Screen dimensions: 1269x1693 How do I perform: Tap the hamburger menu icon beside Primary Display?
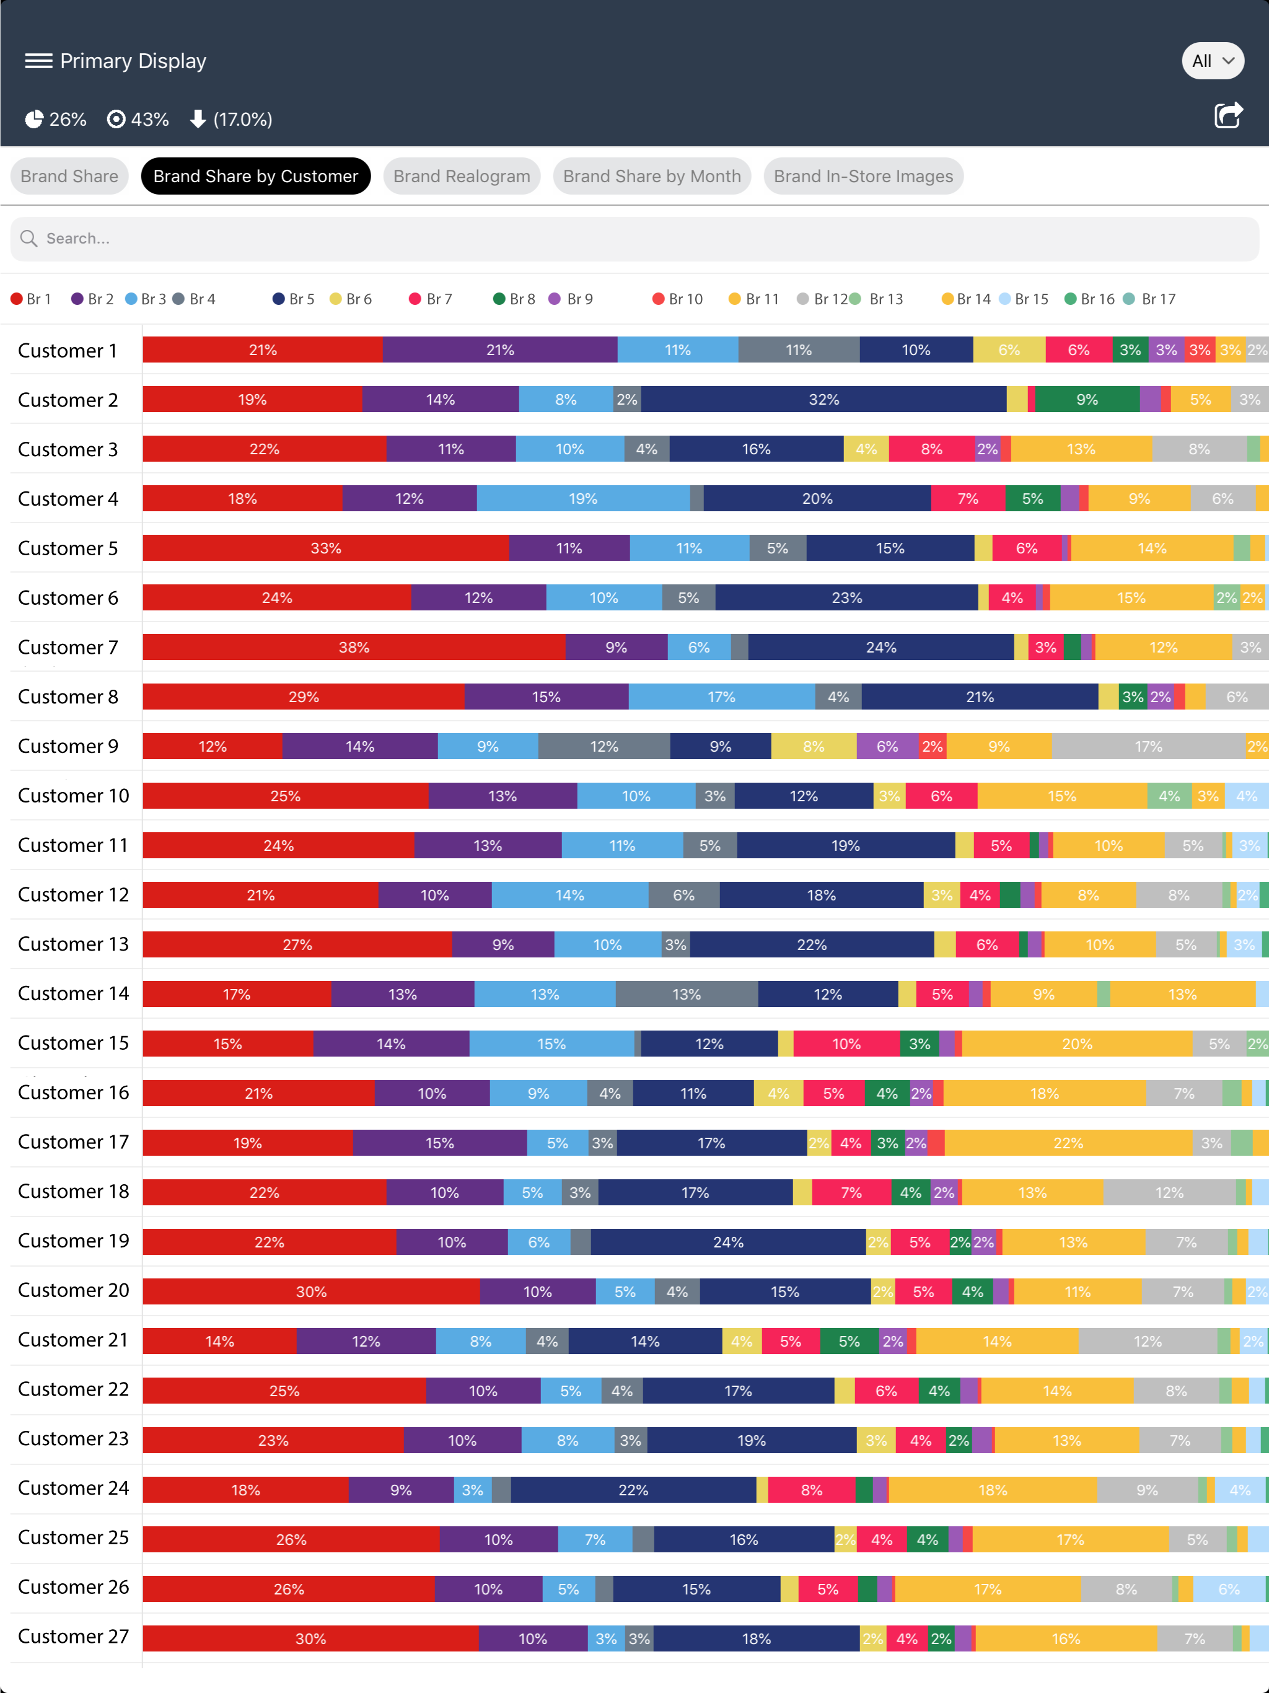tap(38, 61)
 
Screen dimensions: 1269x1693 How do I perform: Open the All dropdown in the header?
tap(1213, 61)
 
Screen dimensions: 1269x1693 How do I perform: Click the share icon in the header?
tap(1229, 115)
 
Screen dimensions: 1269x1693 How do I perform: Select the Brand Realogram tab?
tap(462, 176)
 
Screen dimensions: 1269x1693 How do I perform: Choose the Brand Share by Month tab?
tap(652, 176)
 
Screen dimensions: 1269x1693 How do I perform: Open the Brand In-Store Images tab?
tap(863, 176)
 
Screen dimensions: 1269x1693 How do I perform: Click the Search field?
tap(634, 239)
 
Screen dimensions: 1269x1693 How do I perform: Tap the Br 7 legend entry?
tap(431, 299)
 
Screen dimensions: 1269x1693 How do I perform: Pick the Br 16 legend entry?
tap(1090, 299)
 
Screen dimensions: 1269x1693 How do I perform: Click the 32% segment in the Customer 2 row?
tap(823, 400)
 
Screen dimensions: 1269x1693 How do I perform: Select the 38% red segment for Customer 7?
tap(354, 648)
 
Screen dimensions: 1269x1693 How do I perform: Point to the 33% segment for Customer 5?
tap(326, 548)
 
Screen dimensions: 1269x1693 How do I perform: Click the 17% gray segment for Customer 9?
tap(1149, 746)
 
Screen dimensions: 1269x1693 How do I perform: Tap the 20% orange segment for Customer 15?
tap(1077, 1044)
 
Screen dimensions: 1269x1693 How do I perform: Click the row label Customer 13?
tap(74, 944)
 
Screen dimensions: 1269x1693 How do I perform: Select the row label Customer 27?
tap(74, 1637)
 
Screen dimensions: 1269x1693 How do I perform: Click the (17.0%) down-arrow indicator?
tap(231, 120)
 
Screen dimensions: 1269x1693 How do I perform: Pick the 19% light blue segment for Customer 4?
tap(583, 499)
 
